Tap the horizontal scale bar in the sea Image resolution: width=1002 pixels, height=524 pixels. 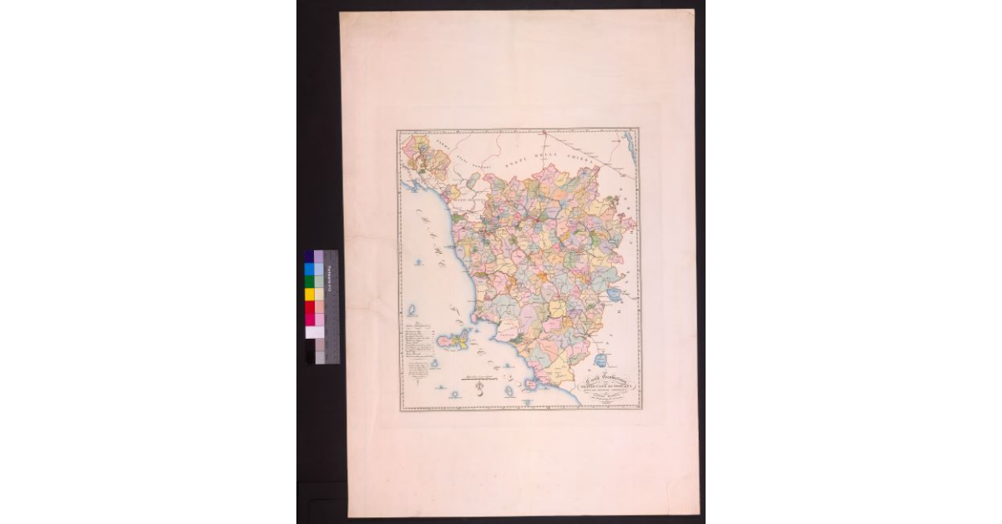pyautogui.click(x=478, y=376)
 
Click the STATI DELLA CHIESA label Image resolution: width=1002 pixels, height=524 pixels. pyautogui.click(x=555, y=152)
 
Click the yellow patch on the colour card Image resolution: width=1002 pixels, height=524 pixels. pyautogui.click(x=309, y=295)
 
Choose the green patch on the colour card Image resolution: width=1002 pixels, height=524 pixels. pyautogui.click(x=309, y=282)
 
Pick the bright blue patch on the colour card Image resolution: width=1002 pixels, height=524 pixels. pyautogui.click(x=309, y=269)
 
